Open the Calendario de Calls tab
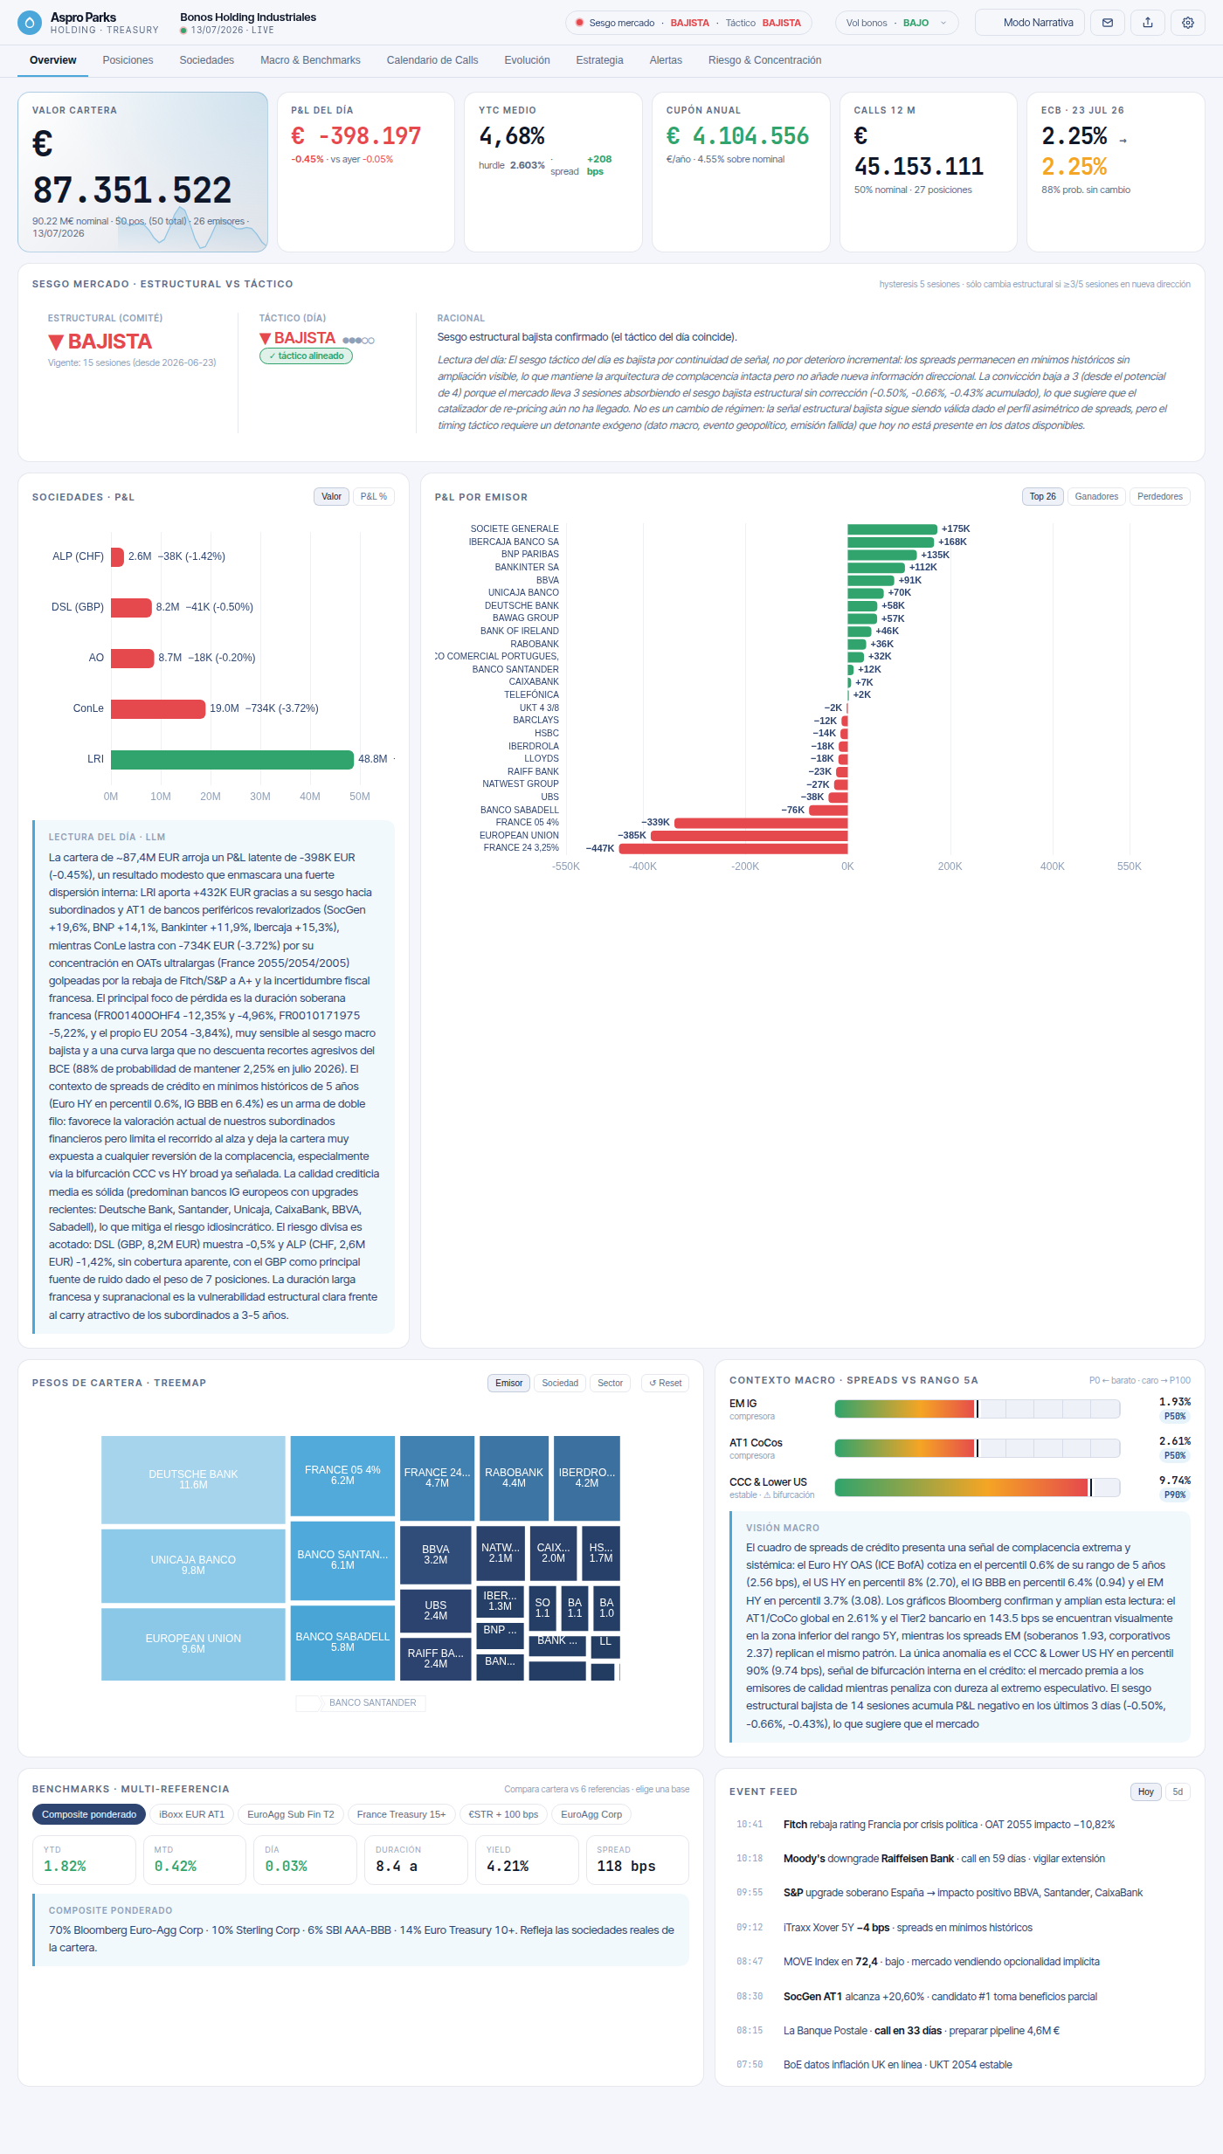[432, 60]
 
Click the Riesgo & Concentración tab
[764, 60]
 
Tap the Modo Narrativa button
[1030, 23]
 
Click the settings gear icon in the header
[1188, 23]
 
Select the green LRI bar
[232, 759]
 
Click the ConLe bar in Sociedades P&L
[158, 708]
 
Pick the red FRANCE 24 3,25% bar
[734, 848]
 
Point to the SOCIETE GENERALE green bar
[892, 529]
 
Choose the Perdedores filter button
[1160, 497]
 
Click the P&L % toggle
[374, 497]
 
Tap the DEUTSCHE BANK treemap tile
[193, 1480]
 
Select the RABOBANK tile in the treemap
[514, 1478]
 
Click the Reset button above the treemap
[666, 1383]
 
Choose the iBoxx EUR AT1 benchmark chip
[191, 1814]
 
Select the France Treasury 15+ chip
[401, 1814]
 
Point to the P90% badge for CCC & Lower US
[1175, 1495]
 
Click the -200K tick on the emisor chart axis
[745, 866]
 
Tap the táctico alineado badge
[306, 356]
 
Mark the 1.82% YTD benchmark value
[66, 1866]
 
